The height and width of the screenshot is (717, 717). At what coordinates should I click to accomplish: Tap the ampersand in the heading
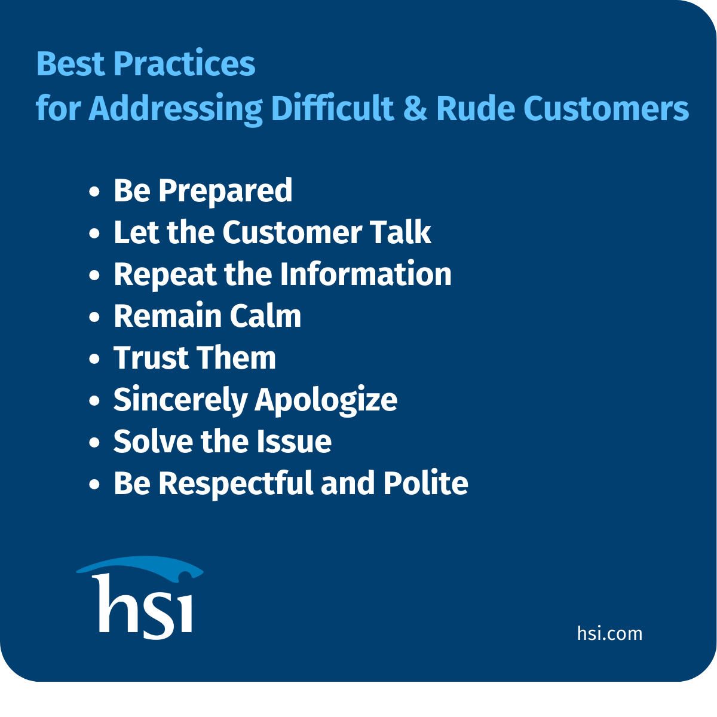(x=415, y=109)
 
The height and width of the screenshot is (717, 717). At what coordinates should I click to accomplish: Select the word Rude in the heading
(x=476, y=108)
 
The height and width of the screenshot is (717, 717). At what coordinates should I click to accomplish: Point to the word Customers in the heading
(x=606, y=109)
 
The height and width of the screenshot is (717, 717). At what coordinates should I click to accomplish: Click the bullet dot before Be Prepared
(x=94, y=191)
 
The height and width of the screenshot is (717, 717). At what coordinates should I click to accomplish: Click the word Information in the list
(x=366, y=274)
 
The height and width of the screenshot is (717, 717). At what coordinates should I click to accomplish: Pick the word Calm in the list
(x=265, y=315)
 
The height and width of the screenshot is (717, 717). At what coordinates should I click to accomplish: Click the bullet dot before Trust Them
(x=94, y=358)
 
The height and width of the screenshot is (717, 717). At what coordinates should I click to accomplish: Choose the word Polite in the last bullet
(x=425, y=483)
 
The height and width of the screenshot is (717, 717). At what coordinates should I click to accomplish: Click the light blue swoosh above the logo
(x=140, y=566)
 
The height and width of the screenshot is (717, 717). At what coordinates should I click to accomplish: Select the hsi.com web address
(x=609, y=633)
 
